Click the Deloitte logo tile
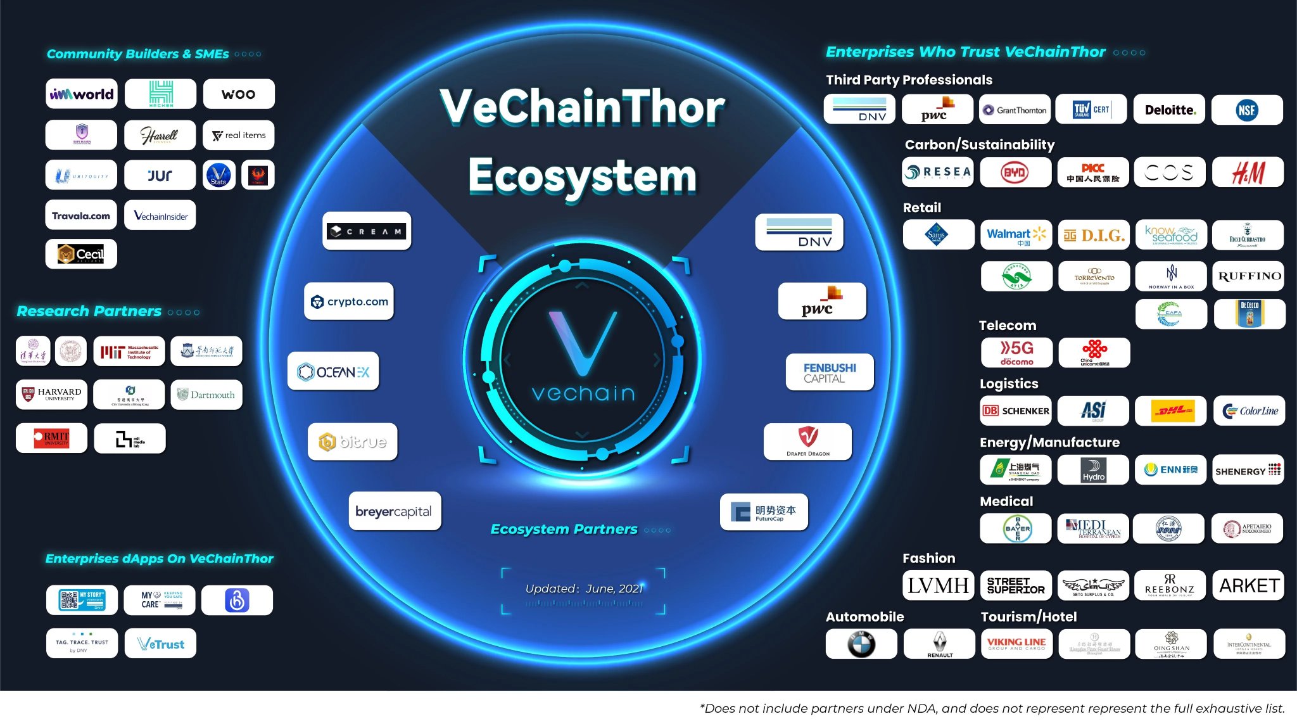tap(1169, 110)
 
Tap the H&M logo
tap(1248, 172)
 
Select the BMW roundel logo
tap(861, 644)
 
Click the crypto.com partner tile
tap(350, 302)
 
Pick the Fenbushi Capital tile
tap(830, 373)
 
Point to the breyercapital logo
tap(394, 511)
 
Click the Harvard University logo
tap(52, 395)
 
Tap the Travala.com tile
tap(81, 216)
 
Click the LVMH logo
tap(938, 585)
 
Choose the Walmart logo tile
tap(1016, 235)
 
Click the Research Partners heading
tap(89, 312)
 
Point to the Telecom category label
tap(1007, 326)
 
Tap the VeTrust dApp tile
tap(161, 644)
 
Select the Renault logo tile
tap(939, 644)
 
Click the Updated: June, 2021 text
tap(583, 589)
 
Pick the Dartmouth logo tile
tap(206, 395)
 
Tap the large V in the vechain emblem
tap(582, 342)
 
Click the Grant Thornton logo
tap(1015, 110)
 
